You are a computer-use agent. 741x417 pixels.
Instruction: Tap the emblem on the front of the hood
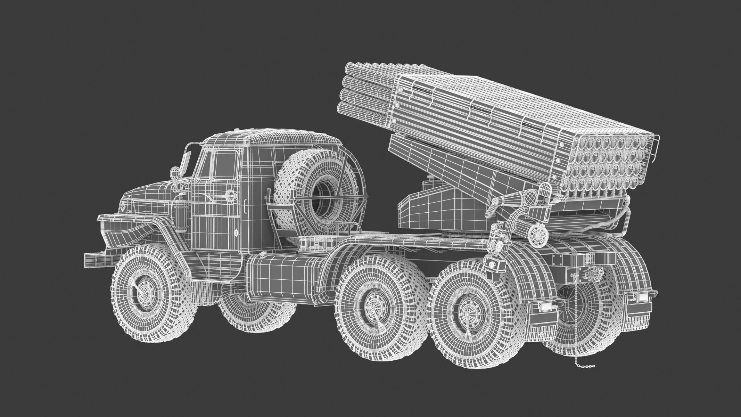coord(124,208)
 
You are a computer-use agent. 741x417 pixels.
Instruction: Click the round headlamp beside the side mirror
coord(174,172)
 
